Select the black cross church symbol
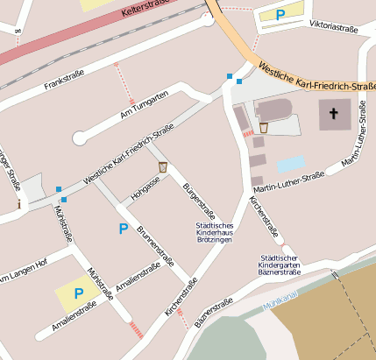pyautogui.click(x=333, y=113)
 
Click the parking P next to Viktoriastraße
pyautogui.click(x=280, y=14)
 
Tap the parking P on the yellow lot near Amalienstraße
pyautogui.click(x=78, y=293)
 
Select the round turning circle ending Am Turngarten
pyautogui.click(x=80, y=138)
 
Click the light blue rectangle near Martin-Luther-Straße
pyautogui.click(x=290, y=164)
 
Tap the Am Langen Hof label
pyautogui.click(x=21, y=277)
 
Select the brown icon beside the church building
pyautogui.click(x=263, y=128)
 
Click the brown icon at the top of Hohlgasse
pyautogui.click(x=162, y=166)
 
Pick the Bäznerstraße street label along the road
pyautogui.click(x=214, y=314)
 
